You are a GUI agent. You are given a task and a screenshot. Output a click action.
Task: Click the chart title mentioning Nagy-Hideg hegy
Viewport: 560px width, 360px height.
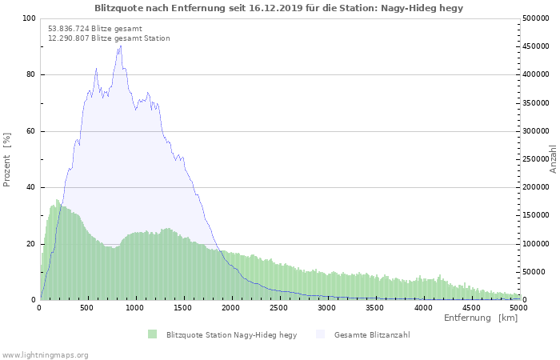pos(278,8)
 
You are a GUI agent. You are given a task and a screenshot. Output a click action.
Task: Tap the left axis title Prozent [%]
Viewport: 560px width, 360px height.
pos(7,159)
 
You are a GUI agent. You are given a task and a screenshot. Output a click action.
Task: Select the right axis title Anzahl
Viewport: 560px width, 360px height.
pos(553,159)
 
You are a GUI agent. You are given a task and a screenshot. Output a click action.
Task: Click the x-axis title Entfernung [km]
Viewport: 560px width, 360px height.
pos(481,318)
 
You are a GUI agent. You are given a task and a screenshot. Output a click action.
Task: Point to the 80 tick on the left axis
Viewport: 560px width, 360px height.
pos(30,75)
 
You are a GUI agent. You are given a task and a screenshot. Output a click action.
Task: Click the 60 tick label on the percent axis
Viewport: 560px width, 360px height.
pos(30,131)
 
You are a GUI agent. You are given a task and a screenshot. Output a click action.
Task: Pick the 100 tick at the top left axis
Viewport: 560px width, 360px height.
pos(29,18)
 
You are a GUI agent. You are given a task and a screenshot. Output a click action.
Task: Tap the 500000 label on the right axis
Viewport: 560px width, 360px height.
pos(534,18)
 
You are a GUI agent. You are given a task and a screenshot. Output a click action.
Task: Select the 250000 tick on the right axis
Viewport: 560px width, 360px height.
pos(534,159)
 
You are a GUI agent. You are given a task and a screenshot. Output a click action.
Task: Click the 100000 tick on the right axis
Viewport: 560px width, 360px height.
pos(534,244)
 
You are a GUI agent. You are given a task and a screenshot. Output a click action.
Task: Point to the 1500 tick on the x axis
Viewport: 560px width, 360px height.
pos(183,307)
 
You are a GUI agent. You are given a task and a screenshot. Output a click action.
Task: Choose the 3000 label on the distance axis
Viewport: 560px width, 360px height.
pos(327,307)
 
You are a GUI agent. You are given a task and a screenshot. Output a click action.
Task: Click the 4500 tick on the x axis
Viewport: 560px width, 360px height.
pos(471,307)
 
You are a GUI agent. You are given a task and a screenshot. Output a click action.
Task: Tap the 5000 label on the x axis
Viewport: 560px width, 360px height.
pos(518,307)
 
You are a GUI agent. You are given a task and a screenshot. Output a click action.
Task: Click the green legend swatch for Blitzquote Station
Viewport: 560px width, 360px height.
pos(152,334)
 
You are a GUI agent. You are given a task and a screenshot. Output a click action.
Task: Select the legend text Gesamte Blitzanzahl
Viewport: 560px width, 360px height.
pos(372,334)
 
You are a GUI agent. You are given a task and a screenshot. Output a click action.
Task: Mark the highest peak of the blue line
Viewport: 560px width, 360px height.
pos(121,46)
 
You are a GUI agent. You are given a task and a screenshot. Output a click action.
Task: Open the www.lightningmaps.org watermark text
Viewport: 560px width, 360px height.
pos(46,354)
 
